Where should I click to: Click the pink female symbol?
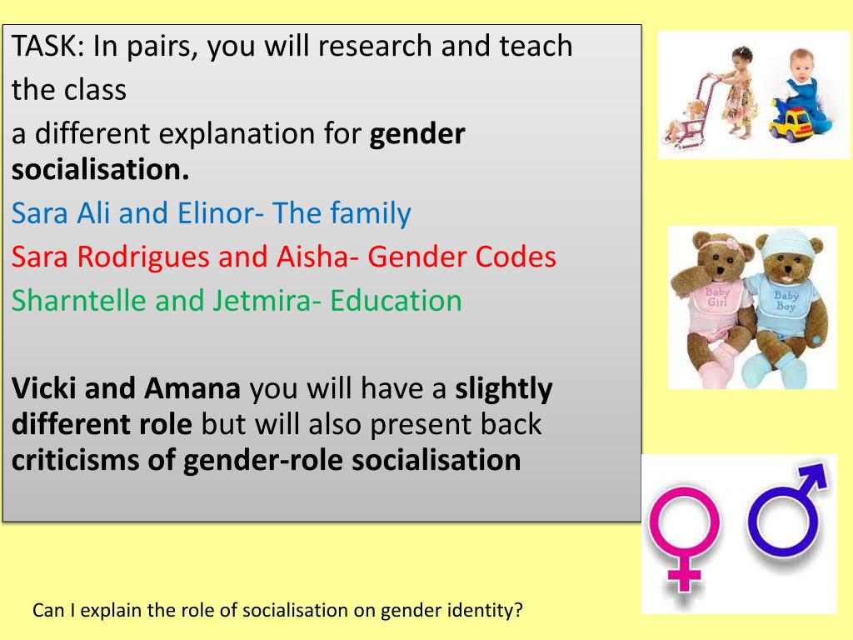point(684,533)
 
